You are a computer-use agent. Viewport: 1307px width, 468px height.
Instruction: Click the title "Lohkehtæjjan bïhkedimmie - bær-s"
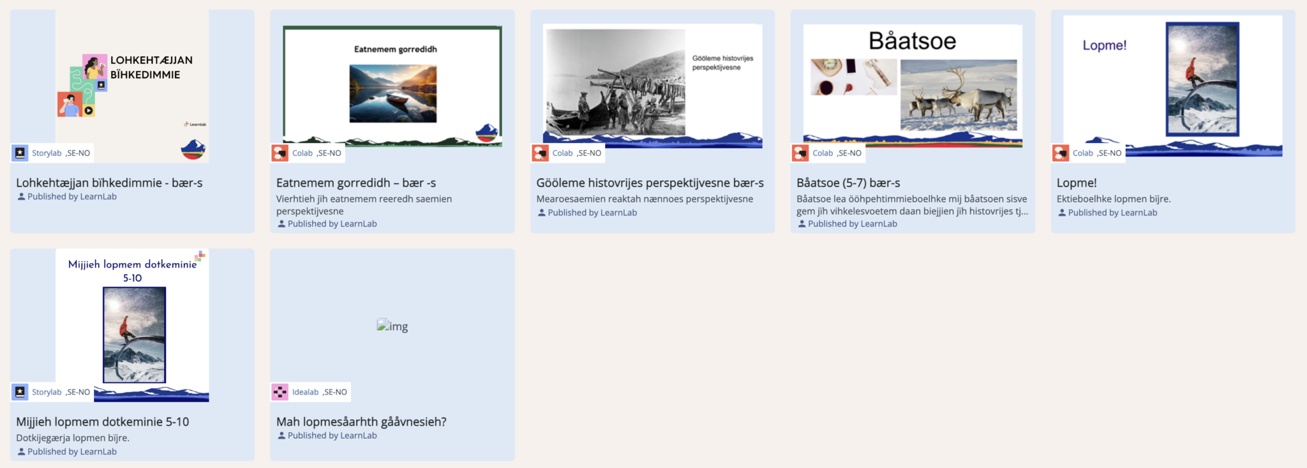point(109,183)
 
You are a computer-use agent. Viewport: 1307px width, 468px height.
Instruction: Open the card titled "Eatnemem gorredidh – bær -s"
point(356,183)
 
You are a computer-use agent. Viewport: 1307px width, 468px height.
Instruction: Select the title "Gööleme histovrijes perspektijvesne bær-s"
point(650,183)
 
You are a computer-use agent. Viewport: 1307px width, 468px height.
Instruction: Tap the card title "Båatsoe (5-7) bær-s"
point(848,183)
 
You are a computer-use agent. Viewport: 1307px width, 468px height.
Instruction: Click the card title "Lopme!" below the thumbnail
point(1077,183)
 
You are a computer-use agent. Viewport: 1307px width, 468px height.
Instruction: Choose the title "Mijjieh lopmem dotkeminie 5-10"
point(103,422)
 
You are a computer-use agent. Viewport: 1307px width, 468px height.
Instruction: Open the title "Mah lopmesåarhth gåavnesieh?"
point(361,422)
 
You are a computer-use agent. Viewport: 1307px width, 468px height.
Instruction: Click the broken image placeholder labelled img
point(392,326)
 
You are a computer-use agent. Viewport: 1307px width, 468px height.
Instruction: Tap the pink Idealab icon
point(280,392)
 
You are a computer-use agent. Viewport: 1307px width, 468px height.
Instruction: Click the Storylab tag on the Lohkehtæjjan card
point(47,153)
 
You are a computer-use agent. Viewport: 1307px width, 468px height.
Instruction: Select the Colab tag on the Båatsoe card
point(823,153)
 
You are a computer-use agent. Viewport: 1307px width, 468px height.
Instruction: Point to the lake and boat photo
point(393,93)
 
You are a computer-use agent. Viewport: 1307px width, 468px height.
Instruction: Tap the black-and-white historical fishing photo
point(616,82)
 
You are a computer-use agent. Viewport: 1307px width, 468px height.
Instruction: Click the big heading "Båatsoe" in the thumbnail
point(913,41)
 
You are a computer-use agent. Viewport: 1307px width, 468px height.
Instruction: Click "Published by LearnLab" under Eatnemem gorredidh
point(332,224)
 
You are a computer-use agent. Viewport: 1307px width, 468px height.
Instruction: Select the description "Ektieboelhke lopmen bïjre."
point(1114,199)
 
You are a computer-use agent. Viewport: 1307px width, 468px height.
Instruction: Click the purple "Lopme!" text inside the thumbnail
point(1105,45)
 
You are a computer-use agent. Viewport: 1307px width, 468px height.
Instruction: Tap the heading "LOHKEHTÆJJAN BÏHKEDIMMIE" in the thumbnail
point(151,67)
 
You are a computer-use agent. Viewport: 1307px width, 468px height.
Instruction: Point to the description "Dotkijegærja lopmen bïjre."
point(73,438)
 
